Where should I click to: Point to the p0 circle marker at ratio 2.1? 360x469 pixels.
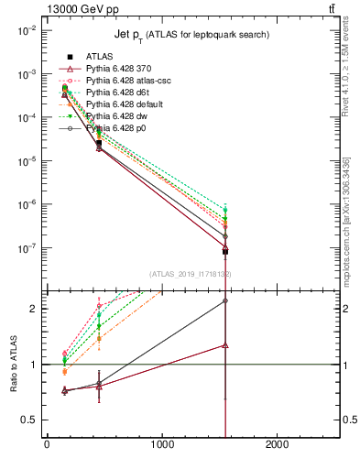[x=225, y=300]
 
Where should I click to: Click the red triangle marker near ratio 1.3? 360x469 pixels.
[x=225, y=345]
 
